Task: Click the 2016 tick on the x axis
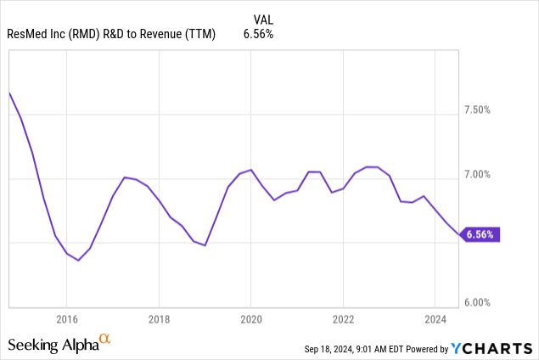coord(67,319)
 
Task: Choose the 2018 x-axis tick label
coord(159,319)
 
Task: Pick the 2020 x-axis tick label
coord(250,319)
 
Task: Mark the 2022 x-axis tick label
coord(342,319)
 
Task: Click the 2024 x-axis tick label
coord(434,319)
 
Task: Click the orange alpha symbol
coord(105,340)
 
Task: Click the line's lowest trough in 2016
coord(78,260)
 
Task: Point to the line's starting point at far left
coord(9,92)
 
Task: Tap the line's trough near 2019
coord(205,245)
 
